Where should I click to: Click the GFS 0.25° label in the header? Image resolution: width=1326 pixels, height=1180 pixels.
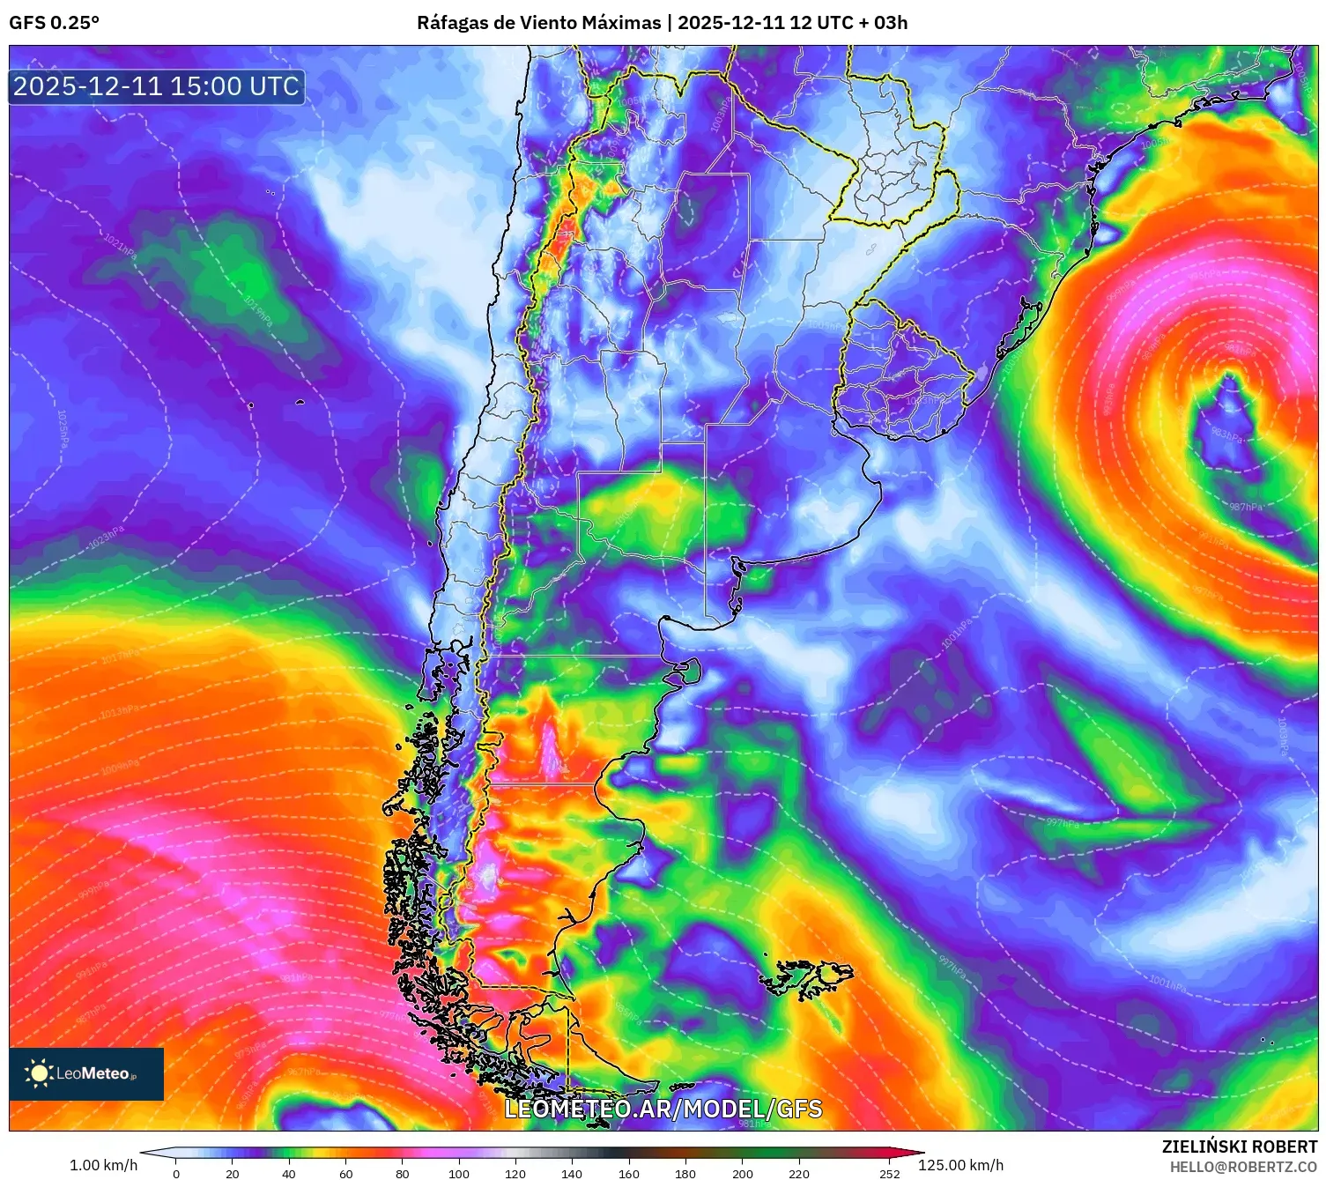pos(54,23)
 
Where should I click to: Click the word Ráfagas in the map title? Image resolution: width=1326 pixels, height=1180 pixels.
pos(451,23)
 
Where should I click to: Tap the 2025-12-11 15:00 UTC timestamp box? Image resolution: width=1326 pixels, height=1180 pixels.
pos(157,86)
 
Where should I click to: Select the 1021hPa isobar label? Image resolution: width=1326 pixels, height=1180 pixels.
pos(121,247)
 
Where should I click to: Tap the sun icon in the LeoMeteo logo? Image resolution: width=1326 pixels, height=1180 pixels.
pos(39,1073)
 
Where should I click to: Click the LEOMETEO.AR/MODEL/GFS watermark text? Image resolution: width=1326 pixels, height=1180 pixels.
pos(663,1109)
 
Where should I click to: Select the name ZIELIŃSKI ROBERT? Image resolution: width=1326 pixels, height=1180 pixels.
pos(1240,1147)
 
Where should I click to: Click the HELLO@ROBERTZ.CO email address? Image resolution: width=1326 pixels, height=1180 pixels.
pos(1243,1167)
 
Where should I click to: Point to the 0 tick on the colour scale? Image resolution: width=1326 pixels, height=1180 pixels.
pos(176,1173)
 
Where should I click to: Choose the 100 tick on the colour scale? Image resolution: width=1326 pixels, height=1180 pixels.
pos(459,1173)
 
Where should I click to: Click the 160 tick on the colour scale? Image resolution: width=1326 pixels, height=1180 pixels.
pos(629,1173)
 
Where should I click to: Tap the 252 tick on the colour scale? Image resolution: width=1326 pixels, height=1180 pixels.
pos(890,1173)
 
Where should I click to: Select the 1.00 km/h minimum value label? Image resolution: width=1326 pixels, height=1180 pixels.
pos(104,1165)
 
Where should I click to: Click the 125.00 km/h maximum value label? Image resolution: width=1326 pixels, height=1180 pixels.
pos(960,1165)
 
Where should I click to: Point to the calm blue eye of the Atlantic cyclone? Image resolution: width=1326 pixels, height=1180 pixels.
pos(1225,423)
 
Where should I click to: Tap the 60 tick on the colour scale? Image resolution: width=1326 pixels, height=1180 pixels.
pos(346,1173)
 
